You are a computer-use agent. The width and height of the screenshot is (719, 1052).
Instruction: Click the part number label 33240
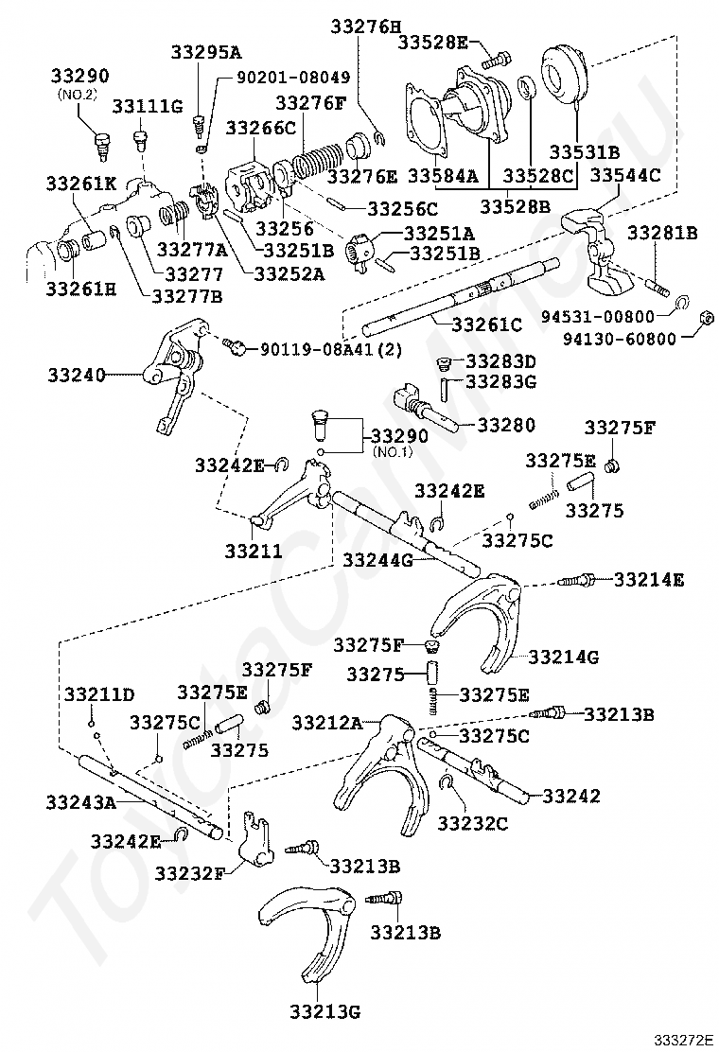76,375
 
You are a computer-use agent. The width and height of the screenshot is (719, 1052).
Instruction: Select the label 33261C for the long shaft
486,324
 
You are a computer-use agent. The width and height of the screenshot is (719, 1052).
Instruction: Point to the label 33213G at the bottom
325,1011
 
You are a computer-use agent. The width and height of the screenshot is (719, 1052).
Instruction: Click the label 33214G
564,656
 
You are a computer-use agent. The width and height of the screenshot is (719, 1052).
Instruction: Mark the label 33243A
80,802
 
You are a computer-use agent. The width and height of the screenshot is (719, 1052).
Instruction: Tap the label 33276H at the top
365,27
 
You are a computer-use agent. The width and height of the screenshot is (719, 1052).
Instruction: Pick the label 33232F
190,871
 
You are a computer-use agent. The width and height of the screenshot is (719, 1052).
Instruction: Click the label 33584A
443,176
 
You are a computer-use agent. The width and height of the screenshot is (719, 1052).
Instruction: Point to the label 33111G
149,106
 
